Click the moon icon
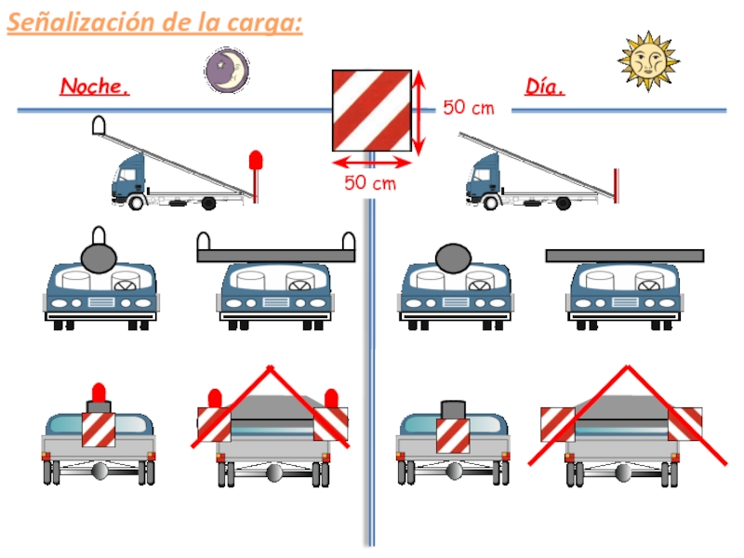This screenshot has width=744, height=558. [x=227, y=71]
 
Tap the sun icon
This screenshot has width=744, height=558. [x=648, y=61]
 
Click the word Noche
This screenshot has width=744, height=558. [x=95, y=86]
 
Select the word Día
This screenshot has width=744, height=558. [x=545, y=86]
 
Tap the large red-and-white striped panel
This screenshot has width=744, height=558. [x=371, y=111]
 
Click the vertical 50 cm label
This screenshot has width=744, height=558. [x=469, y=108]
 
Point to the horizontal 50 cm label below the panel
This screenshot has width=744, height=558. [x=370, y=182]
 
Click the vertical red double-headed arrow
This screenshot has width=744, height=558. [x=418, y=113]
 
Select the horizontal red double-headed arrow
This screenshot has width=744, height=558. [x=371, y=164]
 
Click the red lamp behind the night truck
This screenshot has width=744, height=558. [x=256, y=160]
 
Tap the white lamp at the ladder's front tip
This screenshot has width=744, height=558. [x=99, y=125]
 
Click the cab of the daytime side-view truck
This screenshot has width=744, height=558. [x=484, y=178]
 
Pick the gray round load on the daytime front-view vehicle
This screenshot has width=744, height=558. [x=454, y=259]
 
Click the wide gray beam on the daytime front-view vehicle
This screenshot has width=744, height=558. [x=625, y=256]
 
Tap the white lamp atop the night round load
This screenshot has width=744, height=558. [x=99, y=236]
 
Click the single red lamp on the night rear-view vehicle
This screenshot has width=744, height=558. [x=99, y=392]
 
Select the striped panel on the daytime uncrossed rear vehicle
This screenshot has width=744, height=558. [x=453, y=435]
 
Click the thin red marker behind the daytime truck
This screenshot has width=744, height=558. [x=616, y=185]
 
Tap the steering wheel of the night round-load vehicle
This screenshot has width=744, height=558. [x=126, y=286]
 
